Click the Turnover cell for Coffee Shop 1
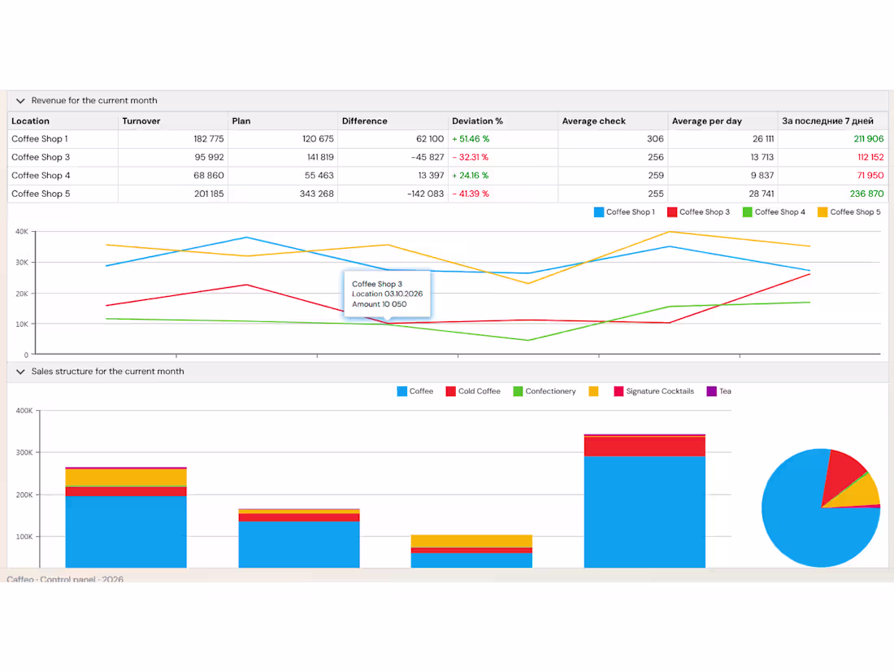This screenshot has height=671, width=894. click(209, 138)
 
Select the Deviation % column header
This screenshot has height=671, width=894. click(477, 121)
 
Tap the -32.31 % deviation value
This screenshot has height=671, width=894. click(471, 157)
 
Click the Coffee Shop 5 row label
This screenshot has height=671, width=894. click(41, 194)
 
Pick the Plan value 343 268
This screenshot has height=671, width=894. click(316, 194)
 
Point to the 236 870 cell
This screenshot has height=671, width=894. click(866, 194)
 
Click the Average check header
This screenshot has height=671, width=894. click(593, 121)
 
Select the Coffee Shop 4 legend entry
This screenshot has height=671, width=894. click(774, 211)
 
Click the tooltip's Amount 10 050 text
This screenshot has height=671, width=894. click(380, 304)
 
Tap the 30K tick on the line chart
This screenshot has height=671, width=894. click(22, 263)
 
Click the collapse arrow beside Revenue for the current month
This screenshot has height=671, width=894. click(20, 101)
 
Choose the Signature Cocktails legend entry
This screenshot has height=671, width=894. click(653, 391)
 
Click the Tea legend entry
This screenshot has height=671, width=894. click(718, 391)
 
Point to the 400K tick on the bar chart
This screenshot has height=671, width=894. click(24, 411)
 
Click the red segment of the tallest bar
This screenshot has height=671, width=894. click(644, 447)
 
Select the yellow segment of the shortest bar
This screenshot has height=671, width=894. click(471, 541)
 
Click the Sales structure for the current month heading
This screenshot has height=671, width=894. click(108, 372)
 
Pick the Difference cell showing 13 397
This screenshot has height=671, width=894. click(431, 175)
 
